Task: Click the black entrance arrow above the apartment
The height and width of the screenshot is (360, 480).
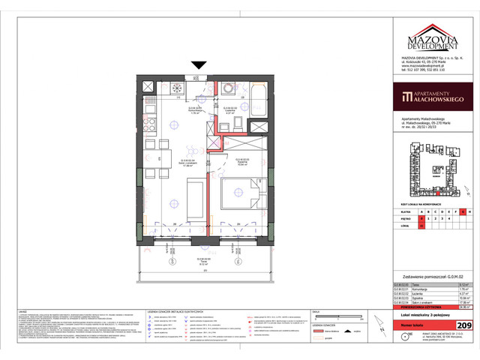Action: [x=198, y=66]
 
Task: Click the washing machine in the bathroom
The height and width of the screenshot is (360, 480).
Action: [x=228, y=89]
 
